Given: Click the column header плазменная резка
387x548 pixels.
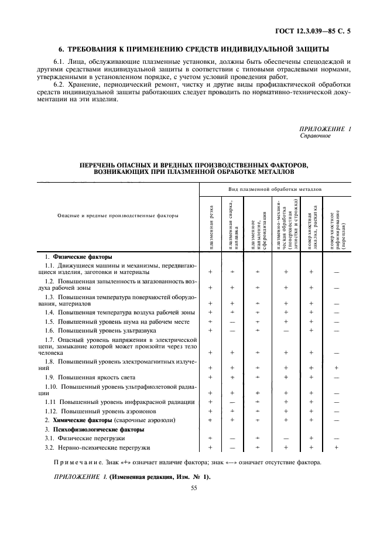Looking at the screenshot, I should click(211, 227).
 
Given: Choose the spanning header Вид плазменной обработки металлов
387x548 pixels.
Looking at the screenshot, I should click(274, 190).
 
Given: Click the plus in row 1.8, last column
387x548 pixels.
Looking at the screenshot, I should click(336, 368).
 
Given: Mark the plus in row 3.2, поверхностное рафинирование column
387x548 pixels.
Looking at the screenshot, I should click(336, 447).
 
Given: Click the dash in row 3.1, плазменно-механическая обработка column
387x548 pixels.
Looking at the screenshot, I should click(286, 438).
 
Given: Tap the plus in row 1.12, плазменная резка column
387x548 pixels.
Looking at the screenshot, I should click(210, 411).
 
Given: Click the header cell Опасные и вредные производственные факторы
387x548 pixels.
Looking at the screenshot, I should click(109, 215).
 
